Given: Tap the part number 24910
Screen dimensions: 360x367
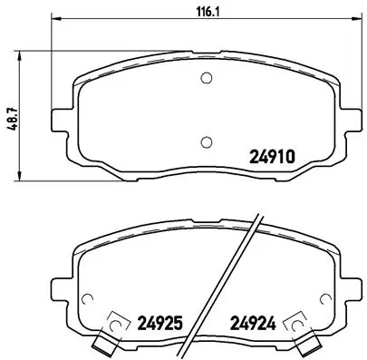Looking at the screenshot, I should pos(273,155).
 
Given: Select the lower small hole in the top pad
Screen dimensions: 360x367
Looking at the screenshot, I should pos(206,141).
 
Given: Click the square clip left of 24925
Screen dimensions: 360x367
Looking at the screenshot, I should pos(117,323).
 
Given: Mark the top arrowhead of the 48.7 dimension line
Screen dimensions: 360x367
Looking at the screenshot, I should pos(21,51).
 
